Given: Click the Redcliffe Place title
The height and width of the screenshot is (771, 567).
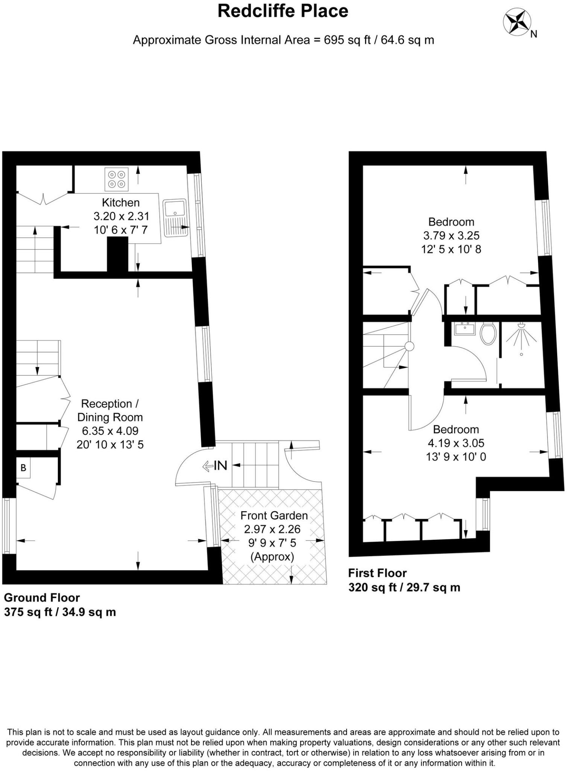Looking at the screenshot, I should click(283, 11).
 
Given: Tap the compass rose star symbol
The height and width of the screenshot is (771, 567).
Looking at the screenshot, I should click(517, 22).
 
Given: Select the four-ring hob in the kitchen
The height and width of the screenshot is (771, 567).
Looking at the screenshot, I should click(116, 179).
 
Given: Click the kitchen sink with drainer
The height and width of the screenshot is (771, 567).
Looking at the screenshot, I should click(175, 218).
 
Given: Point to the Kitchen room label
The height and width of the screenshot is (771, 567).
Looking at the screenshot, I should click(121, 203).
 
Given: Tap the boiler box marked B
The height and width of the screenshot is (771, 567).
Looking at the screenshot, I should click(23, 468).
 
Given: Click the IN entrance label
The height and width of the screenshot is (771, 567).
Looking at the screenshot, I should click(220, 466).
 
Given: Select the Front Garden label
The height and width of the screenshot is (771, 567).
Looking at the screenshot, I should click(274, 515).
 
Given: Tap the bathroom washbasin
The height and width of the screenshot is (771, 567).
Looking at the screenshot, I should click(465, 328).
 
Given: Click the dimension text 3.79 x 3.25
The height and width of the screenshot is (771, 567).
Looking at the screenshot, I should click(451, 236).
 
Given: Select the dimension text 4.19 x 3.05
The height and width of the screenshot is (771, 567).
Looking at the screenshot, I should click(456, 443).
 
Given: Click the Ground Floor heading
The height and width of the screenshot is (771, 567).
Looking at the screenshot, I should click(42, 597).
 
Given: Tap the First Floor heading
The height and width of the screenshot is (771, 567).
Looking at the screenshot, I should click(377, 573).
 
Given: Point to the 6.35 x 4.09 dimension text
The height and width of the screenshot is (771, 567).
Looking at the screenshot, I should click(110, 431).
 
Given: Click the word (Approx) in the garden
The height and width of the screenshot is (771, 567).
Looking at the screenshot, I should click(272, 556).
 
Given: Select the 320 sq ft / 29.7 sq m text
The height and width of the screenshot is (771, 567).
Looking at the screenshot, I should click(404, 587).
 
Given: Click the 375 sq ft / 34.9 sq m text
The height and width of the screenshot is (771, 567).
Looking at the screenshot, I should click(60, 612).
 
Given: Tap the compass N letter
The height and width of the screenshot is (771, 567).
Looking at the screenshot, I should click(534, 34).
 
